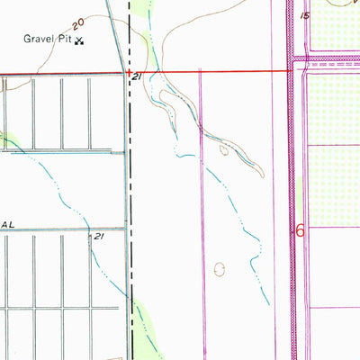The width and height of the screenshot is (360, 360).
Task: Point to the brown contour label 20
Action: [80, 20]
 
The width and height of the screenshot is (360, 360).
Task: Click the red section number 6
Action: [301, 231]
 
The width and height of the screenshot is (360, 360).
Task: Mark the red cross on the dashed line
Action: [130, 72]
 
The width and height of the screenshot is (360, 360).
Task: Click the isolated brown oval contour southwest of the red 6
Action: [221, 268]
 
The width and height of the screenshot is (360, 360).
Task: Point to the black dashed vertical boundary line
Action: [130, 180]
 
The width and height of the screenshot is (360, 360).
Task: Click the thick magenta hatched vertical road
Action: [292, 180]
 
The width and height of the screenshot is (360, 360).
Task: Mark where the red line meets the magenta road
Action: [292, 71]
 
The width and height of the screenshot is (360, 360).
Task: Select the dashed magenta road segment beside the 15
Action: [333, 66]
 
